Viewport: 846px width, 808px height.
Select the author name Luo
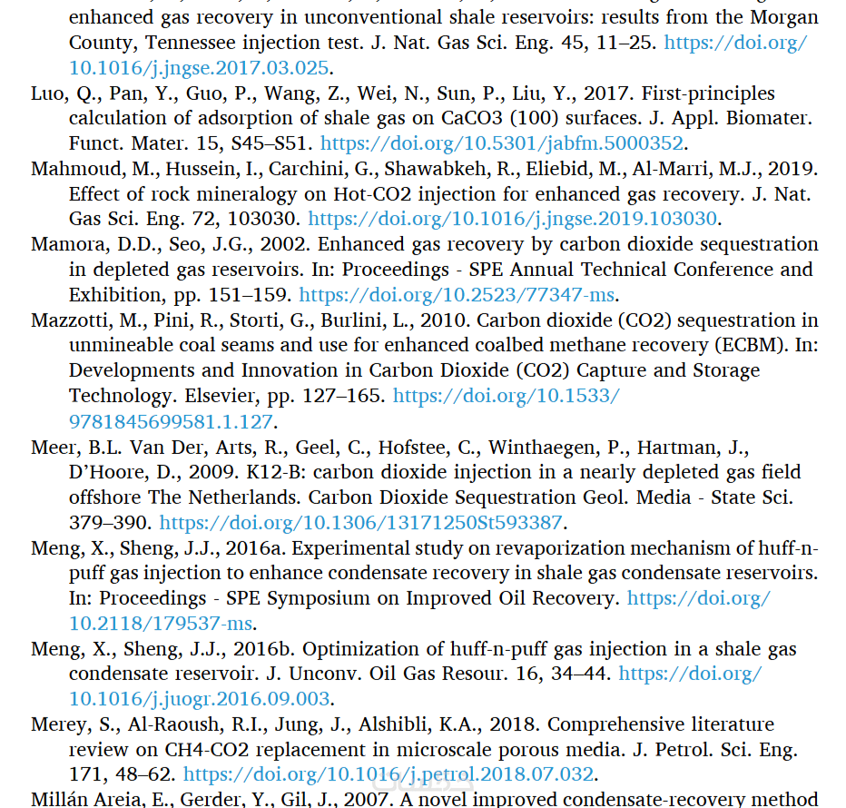click(x=47, y=94)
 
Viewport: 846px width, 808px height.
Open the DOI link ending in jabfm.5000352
click(x=502, y=143)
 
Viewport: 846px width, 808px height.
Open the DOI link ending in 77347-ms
click(x=457, y=295)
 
